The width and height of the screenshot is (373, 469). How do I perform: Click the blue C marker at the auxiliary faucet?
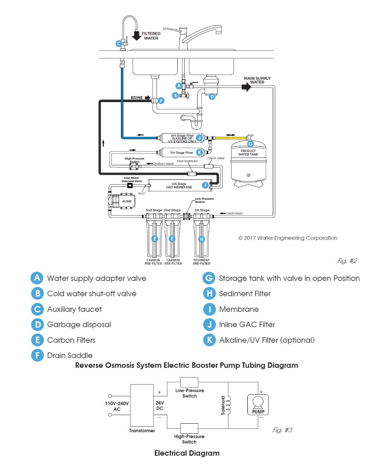click(119, 44)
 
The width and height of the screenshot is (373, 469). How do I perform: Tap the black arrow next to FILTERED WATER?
click(137, 36)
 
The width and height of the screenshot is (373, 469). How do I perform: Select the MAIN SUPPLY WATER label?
click(257, 80)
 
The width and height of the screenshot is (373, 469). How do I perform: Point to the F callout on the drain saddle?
click(161, 101)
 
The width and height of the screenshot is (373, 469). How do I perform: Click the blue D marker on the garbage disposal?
click(212, 96)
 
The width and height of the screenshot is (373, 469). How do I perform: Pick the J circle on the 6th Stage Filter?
click(199, 138)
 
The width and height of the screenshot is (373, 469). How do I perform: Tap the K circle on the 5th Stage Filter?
click(199, 152)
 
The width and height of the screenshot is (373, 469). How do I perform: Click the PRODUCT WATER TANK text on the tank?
click(248, 152)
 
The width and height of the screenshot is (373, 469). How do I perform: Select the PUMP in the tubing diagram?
click(122, 201)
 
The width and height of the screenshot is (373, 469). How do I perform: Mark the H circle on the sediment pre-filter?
click(202, 239)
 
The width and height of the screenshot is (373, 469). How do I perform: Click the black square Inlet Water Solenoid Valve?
click(130, 185)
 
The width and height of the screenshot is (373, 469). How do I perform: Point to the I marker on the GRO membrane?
click(205, 185)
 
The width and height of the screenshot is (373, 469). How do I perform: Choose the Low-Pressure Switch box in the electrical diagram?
click(189, 382)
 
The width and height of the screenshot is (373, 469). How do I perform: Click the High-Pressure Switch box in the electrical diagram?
click(189, 428)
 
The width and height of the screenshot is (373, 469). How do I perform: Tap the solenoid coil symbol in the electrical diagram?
click(228, 405)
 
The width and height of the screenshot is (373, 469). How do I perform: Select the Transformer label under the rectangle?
click(142, 431)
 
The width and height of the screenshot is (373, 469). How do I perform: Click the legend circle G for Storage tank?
click(209, 278)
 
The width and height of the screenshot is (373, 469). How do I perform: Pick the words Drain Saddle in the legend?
click(70, 355)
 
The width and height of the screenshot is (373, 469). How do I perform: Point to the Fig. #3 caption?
click(282, 430)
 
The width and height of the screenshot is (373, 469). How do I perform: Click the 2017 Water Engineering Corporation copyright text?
click(288, 238)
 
